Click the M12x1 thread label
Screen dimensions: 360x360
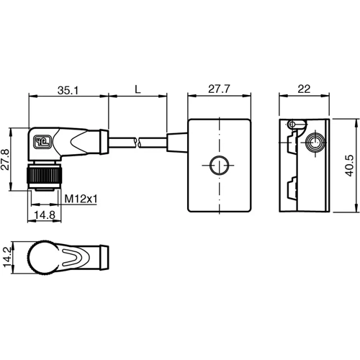pyautogui.click(x=80, y=198)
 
